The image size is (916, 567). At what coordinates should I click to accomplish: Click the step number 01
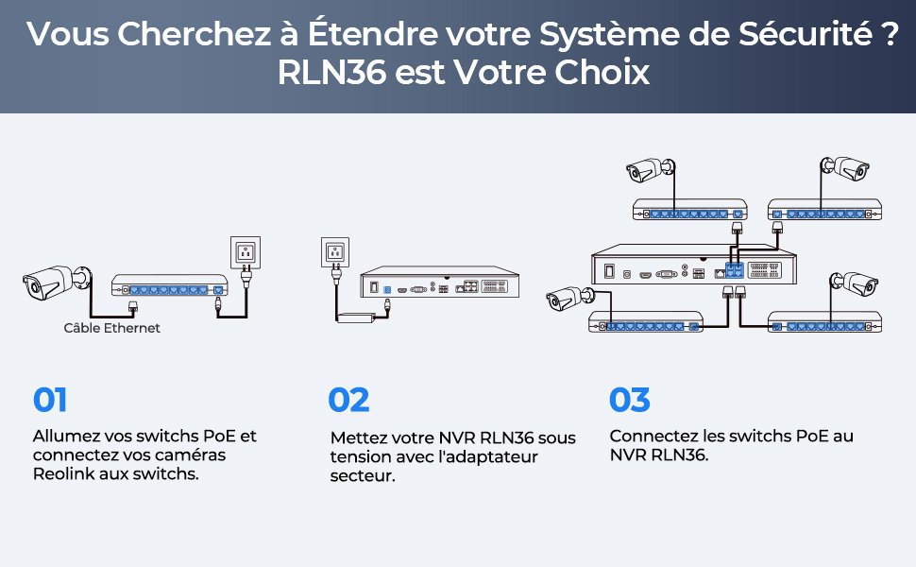pyautogui.click(x=50, y=400)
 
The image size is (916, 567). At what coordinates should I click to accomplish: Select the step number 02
pyautogui.click(x=348, y=400)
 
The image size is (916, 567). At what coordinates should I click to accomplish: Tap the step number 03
pyautogui.click(x=630, y=400)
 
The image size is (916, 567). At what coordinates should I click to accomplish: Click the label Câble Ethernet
pyautogui.click(x=111, y=328)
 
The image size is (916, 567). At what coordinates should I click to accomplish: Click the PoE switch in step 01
pyautogui.click(x=170, y=288)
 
